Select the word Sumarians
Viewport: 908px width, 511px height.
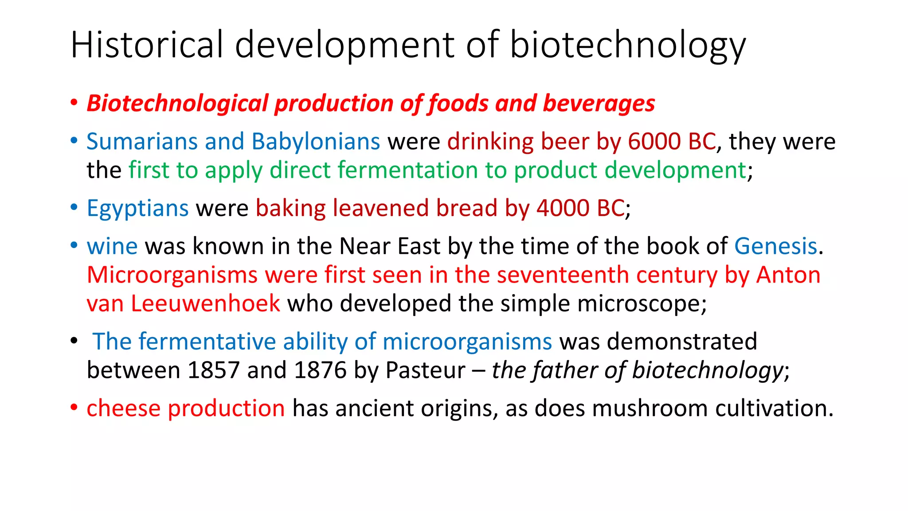click(141, 142)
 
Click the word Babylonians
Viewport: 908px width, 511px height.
click(316, 142)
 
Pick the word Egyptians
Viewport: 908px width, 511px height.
click(138, 208)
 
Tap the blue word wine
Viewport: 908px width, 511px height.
click(112, 246)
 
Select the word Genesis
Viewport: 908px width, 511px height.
click(775, 246)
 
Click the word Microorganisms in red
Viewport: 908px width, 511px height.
click(172, 275)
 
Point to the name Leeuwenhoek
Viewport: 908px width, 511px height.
click(205, 304)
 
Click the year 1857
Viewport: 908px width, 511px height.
click(213, 370)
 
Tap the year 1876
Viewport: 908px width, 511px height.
click(320, 370)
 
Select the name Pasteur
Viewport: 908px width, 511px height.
click(425, 370)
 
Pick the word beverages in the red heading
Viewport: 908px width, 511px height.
click(599, 104)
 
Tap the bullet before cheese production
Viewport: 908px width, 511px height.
click(74, 407)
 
